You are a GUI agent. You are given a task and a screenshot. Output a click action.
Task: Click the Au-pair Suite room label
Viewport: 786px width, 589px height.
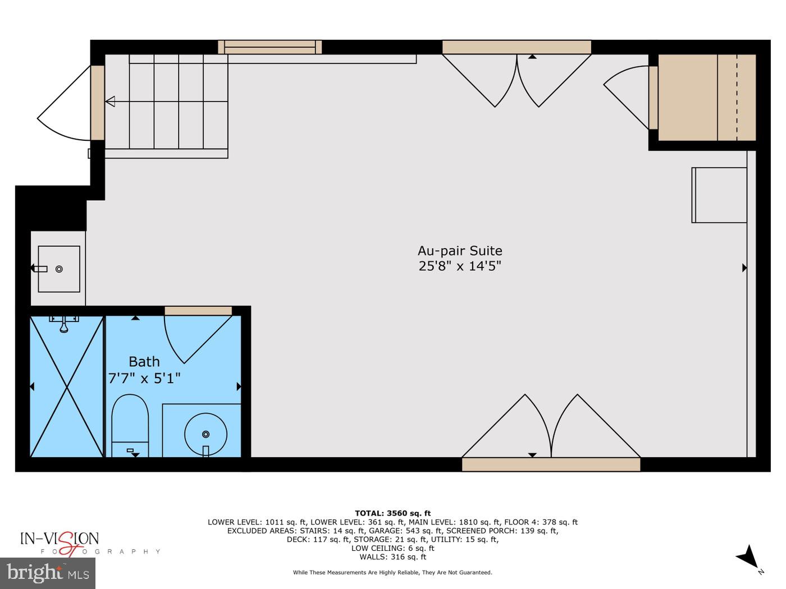click(460, 251)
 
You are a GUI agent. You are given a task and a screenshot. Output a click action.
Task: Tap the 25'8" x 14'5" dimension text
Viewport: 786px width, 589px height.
click(460, 266)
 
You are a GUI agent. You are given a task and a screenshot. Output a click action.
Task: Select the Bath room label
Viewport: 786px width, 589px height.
click(144, 362)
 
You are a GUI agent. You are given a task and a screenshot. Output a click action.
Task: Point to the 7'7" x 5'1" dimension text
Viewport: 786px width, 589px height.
click(144, 379)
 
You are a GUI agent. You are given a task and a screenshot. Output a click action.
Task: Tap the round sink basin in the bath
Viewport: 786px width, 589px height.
click(205, 434)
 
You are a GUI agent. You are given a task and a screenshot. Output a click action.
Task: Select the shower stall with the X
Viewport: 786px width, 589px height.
click(67, 386)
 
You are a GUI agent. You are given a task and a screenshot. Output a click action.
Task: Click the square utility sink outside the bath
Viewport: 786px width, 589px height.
click(59, 269)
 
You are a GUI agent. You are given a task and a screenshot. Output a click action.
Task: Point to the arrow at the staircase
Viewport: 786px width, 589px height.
click(111, 102)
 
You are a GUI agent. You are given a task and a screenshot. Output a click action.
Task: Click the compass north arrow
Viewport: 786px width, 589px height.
click(749, 557)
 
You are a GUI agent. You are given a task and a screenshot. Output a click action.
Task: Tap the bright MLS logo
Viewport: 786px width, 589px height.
click(48, 573)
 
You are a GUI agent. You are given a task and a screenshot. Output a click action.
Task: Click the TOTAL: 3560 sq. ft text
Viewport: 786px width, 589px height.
click(392, 513)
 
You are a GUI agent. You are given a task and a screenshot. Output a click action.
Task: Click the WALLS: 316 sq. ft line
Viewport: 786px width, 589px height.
click(392, 557)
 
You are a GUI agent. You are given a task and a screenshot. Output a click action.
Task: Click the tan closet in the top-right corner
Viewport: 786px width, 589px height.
click(706, 98)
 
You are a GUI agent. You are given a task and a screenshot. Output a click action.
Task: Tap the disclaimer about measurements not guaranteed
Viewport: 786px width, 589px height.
click(392, 573)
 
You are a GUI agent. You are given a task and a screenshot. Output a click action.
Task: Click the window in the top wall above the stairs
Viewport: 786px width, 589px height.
click(270, 47)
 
